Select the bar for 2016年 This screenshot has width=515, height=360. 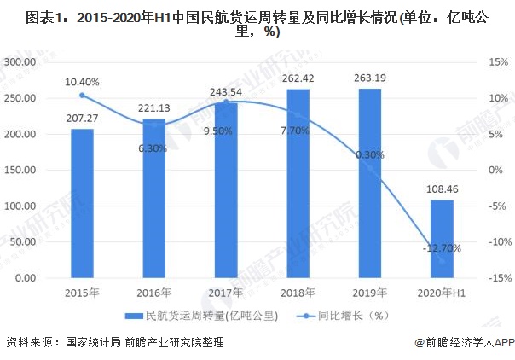point(153,198)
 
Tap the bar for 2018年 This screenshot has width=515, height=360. point(298,183)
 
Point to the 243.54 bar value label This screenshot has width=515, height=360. point(225,91)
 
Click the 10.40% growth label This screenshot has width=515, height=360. point(82,82)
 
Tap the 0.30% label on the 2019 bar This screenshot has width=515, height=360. point(369,155)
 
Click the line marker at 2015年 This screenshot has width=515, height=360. point(82,95)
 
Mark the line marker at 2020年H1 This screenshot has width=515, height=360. point(441,261)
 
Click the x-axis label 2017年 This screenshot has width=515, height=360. point(225,292)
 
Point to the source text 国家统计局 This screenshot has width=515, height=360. point(89,343)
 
